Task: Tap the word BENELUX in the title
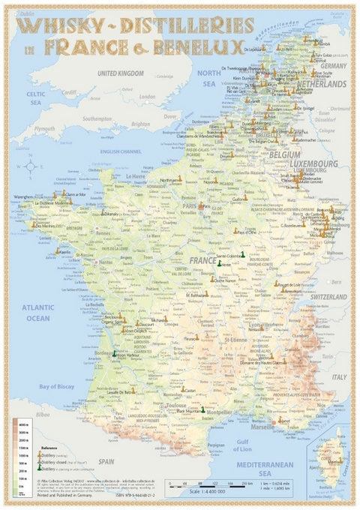(202, 47)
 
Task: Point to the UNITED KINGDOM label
(119, 73)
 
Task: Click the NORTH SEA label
(209, 79)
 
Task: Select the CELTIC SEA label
(36, 98)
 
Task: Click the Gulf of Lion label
(241, 444)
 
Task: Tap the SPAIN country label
(106, 461)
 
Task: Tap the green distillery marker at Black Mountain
(203, 409)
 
